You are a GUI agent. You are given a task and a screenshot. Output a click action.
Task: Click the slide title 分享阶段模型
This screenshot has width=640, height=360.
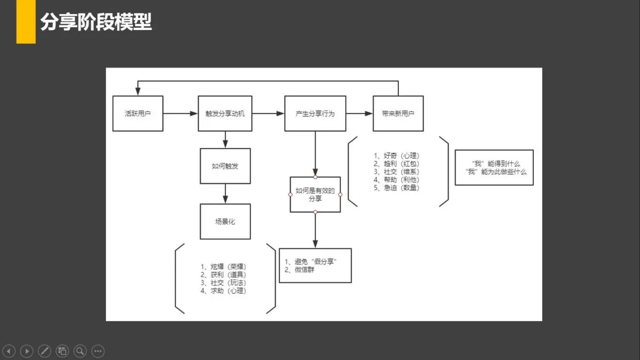[x=96, y=22]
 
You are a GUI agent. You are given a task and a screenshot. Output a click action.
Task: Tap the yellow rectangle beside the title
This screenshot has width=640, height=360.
[x=26, y=22]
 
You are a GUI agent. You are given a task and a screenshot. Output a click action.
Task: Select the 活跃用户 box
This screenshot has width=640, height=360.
[x=138, y=113]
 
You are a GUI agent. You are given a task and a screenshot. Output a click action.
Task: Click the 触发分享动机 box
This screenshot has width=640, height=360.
[x=225, y=113]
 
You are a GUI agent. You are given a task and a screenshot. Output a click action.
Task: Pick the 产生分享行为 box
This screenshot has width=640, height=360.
[x=315, y=113]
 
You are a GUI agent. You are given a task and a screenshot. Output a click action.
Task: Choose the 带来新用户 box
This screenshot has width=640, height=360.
[x=398, y=113]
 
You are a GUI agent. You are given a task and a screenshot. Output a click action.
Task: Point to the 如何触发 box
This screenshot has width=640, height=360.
[x=225, y=166]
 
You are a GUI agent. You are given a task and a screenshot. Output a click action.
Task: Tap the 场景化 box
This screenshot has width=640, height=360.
[x=225, y=221]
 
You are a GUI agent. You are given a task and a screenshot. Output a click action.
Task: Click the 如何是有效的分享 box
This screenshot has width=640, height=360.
[x=315, y=195]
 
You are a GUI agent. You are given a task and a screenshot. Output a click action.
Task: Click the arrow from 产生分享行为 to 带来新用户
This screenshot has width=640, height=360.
[x=360, y=113]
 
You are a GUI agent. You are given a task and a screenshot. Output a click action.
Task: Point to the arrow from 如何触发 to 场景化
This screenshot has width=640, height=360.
[x=225, y=194]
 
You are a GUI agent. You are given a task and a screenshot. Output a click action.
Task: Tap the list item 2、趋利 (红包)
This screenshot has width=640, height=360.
[x=396, y=164]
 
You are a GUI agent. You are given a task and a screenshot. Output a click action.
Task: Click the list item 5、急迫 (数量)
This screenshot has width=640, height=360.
[x=396, y=188]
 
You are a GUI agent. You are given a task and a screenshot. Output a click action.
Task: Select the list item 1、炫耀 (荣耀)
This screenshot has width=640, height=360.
[x=223, y=267]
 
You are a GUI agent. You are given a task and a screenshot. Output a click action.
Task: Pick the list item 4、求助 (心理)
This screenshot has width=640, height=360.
[x=223, y=291]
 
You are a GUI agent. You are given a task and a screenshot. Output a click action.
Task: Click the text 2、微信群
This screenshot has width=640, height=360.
[x=299, y=269]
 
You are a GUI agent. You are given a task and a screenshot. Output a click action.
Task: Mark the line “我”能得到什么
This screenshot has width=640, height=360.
[x=496, y=164]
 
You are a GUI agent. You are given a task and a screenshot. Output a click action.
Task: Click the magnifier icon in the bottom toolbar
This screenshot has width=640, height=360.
[x=80, y=351]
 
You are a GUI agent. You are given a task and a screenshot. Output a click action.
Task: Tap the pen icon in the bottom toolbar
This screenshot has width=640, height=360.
[x=45, y=351]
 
